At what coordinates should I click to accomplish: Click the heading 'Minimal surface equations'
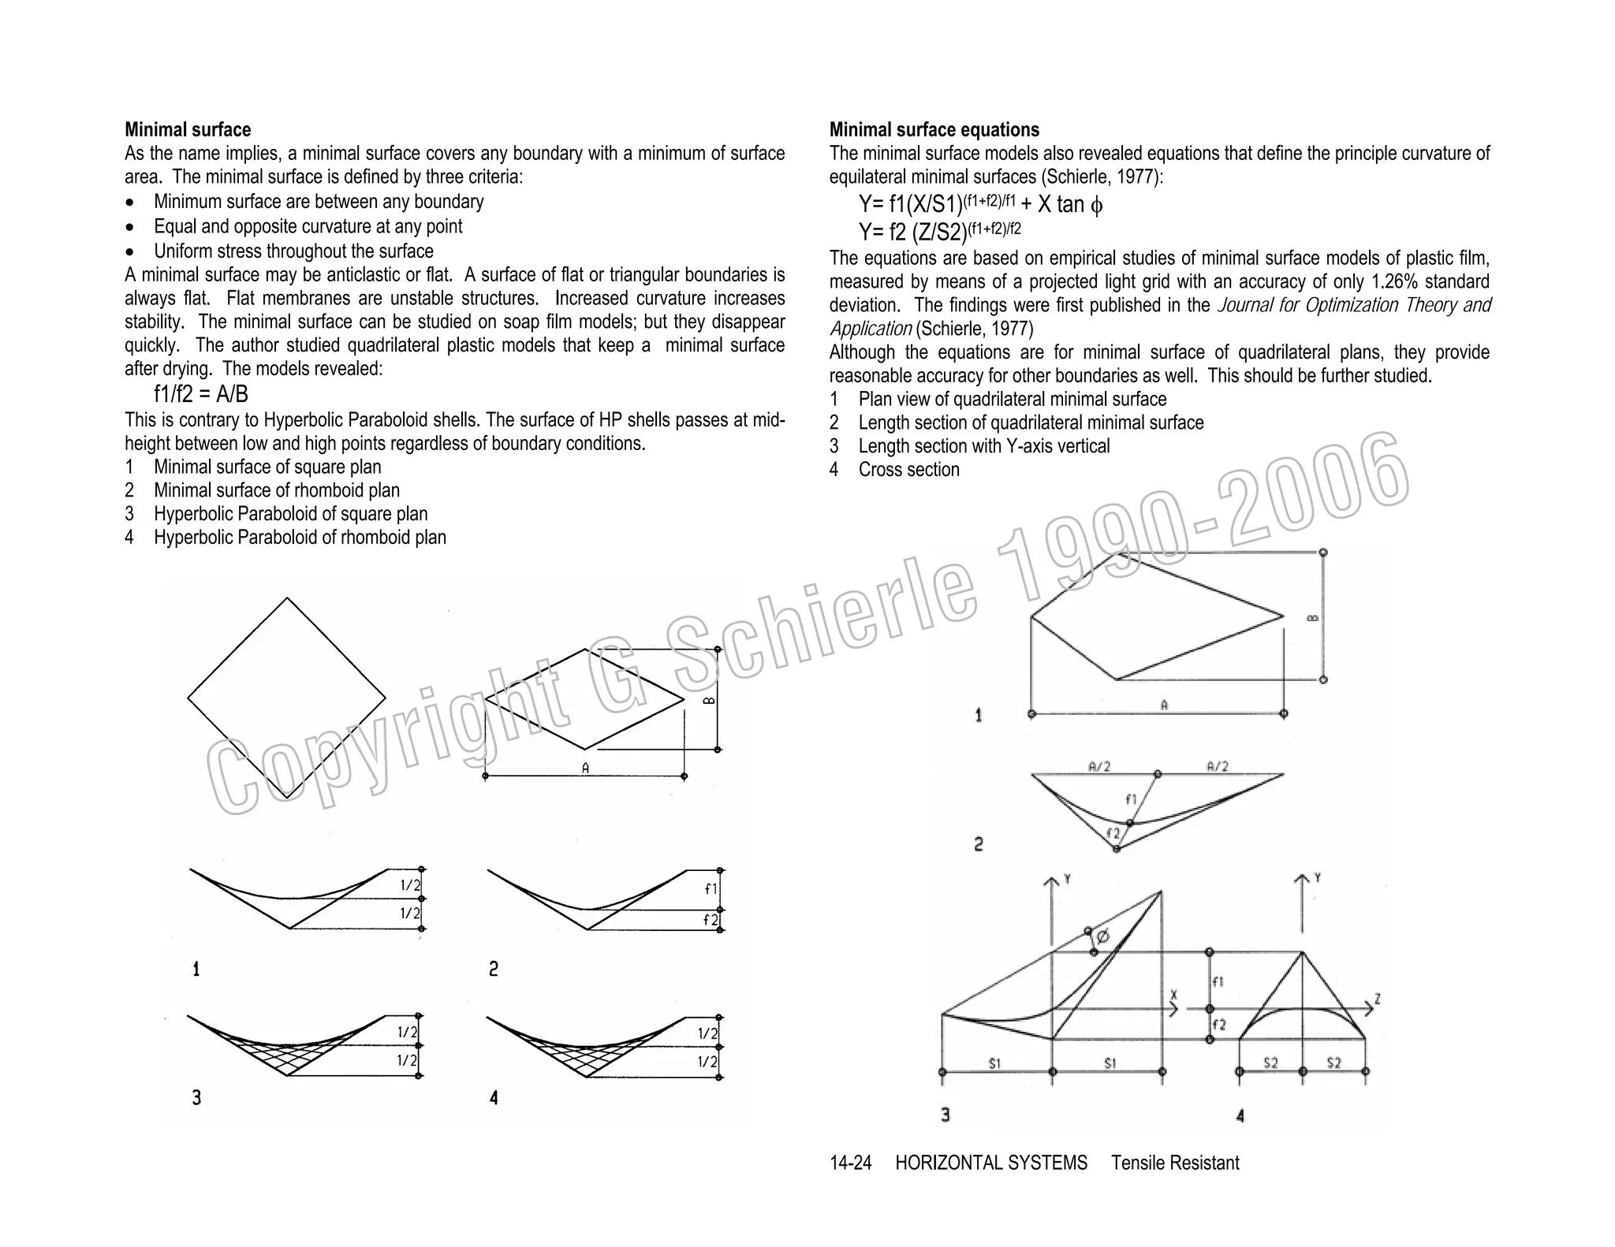934,130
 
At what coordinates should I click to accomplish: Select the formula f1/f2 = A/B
200,394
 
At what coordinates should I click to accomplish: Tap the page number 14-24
850,1163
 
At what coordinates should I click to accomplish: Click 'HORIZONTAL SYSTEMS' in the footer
990,1163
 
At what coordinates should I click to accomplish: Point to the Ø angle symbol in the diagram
1102,936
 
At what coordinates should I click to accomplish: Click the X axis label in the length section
1173,996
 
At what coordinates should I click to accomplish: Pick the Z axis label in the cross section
1377,999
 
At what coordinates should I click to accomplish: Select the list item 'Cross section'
908,470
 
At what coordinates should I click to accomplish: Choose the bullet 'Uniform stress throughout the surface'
293,251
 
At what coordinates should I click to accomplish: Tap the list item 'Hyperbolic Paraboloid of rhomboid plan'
300,538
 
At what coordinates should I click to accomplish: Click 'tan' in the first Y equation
1070,205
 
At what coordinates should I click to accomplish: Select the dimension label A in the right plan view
1164,705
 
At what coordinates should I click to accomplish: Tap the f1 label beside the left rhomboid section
711,888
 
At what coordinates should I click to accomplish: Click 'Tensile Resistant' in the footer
1175,1163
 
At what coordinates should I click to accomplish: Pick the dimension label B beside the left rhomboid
709,700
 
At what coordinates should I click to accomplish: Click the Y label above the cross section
1318,877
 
